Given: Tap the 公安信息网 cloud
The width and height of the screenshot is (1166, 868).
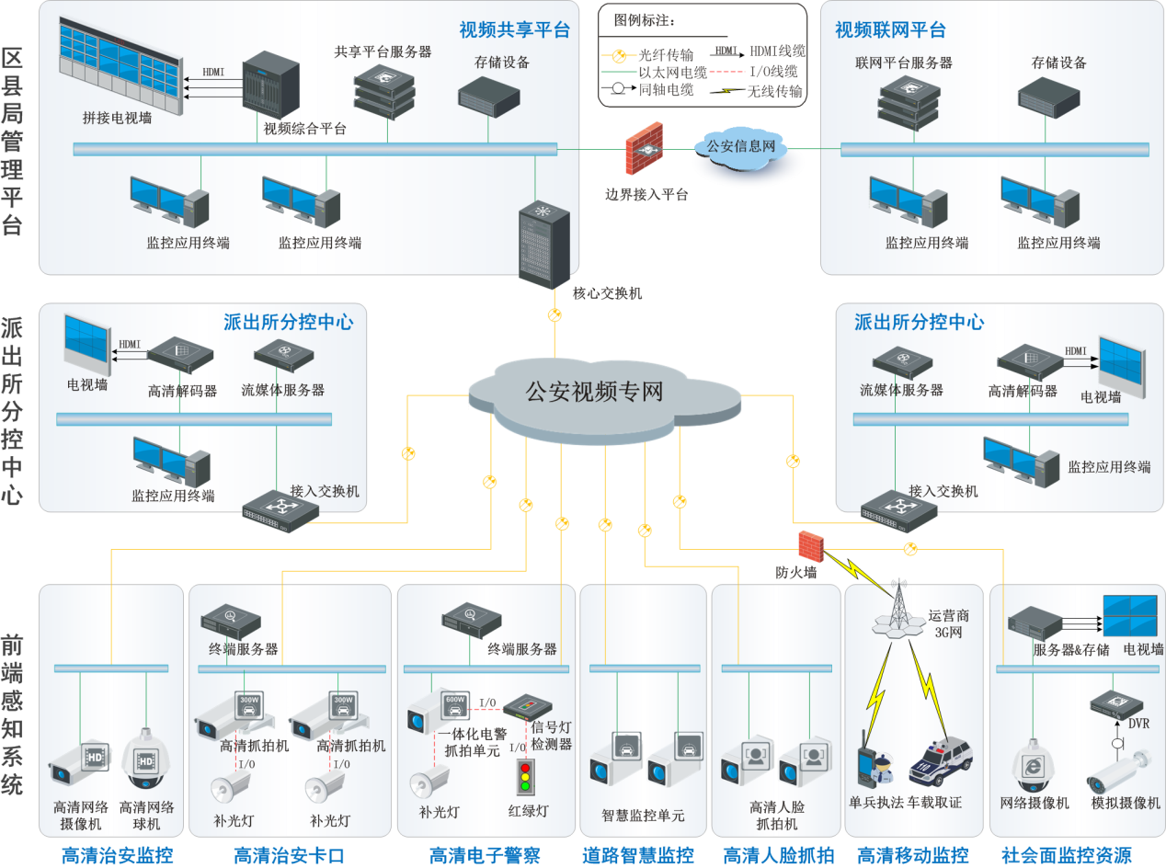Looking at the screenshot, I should click(x=740, y=148).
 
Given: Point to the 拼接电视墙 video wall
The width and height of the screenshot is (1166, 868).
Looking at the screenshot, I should click(x=119, y=64).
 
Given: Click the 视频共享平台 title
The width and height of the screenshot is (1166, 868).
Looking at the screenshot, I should click(x=514, y=30).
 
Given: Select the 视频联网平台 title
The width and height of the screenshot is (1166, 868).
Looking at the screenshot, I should click(x=889, y=30).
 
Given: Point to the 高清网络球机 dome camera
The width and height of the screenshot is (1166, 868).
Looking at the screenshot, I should click(x=148, y=759).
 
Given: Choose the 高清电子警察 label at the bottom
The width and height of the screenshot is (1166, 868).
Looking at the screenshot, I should click(x=485, y=855).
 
